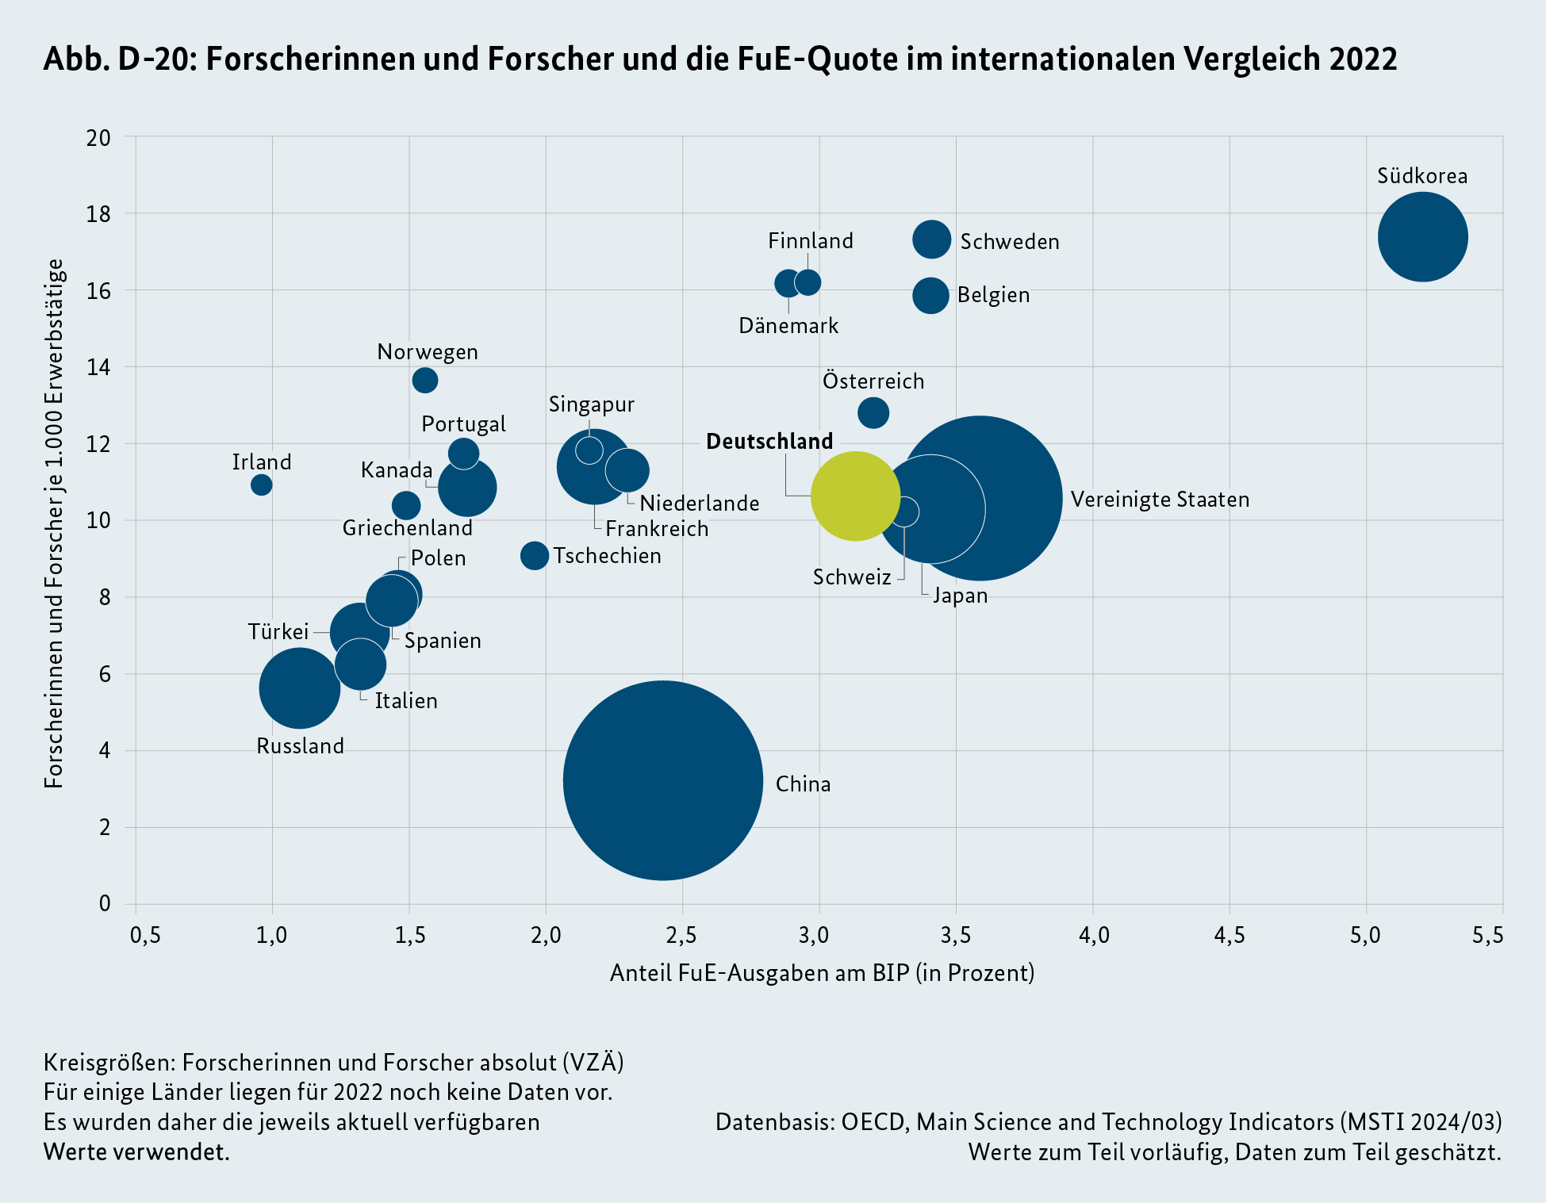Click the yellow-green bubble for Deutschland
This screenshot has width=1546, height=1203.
point(855,496)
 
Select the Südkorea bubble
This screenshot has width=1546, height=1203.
point(1422,236)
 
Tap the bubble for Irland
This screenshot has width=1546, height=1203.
point(261,484)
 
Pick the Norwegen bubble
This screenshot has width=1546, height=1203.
point(425,381)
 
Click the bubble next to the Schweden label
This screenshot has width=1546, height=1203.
point(931,239)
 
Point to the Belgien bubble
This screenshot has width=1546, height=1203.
point(930,296)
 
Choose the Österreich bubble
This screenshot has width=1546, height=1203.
point(873,412)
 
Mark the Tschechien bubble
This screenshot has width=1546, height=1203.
point(535,555)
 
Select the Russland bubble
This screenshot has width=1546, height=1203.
point(299,688)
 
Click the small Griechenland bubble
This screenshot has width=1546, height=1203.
point(406,505)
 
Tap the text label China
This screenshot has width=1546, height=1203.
point(803,784)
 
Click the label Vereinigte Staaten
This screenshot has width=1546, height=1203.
point(1160,500)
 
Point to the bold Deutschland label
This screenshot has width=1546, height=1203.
point(769,442)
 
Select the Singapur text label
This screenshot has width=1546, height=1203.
point(592,404)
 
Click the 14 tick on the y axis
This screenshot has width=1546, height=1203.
point(99,367)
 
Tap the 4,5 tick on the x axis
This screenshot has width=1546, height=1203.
point(1229,936)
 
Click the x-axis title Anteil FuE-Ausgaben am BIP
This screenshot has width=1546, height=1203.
point(822,973)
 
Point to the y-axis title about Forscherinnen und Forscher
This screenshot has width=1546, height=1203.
point(54,523)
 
